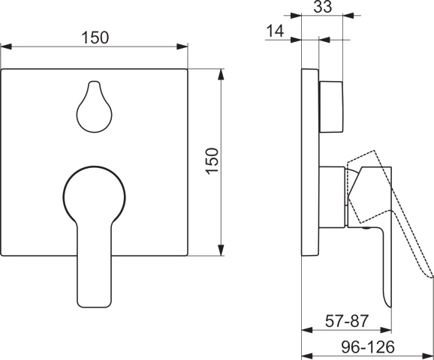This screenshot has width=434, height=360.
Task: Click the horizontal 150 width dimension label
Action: [95, 37]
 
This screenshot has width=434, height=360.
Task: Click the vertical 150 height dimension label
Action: [212, 161]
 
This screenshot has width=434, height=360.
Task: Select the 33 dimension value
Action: [322, 7]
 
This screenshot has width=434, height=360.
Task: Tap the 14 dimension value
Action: [275, 31]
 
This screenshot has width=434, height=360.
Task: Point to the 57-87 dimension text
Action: [347, 321]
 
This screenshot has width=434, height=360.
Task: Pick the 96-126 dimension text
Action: [368, 346]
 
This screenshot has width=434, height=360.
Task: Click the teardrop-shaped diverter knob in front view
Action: [95, 106]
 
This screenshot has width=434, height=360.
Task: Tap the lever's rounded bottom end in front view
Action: [94, 303]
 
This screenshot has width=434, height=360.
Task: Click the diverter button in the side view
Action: [331, 107]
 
